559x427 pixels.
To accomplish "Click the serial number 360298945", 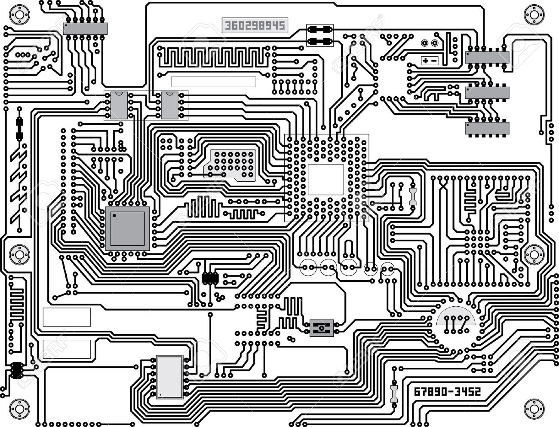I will click(x=254, y=25).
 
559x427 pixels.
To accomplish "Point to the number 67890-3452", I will click(x=447, y=392).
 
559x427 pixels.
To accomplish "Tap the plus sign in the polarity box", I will click(x=425, y=61).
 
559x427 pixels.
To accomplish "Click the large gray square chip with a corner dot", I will click(x=127, y=228).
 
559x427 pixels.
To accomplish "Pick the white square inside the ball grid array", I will click(x=326, y=179).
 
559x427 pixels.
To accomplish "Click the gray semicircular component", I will click(x=456, y=316).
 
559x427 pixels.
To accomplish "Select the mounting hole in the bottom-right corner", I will click(x=534, y=406).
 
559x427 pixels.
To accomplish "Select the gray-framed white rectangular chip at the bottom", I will click(x=169, y=377).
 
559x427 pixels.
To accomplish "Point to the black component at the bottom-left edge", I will click(x=17, y=370).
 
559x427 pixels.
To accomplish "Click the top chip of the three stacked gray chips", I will click(x=487, y=58).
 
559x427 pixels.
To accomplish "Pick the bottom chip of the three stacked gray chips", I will click(x=487, y=128).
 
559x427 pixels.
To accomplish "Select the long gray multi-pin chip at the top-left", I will click(x=85, y=28).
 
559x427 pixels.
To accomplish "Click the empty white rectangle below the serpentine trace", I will click(x=214, y=82).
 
